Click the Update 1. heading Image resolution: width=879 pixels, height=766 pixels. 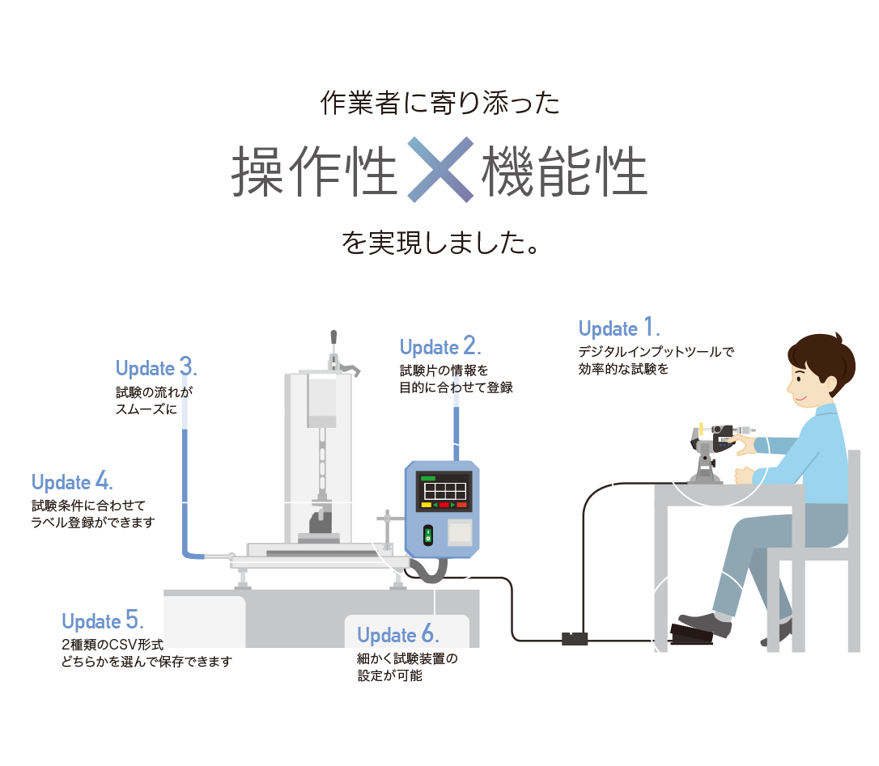619,328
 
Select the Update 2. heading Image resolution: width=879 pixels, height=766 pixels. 440,347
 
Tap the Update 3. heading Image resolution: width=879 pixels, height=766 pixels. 156,368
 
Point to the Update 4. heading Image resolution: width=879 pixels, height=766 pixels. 72,482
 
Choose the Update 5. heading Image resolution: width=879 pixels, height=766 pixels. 103,621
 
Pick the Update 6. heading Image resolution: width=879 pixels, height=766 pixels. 398,634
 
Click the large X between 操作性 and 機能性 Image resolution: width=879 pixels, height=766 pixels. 439,169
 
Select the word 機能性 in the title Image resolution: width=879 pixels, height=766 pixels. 565,171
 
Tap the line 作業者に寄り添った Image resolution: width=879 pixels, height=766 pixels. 439,103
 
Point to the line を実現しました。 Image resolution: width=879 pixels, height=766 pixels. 439,243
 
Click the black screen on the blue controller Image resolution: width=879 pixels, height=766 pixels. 444,490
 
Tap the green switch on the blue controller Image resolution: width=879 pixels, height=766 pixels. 429,535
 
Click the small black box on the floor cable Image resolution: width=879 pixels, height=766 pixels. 574,639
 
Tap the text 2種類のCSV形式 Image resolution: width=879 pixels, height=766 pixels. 113,645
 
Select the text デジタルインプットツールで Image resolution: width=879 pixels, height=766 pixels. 656,352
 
